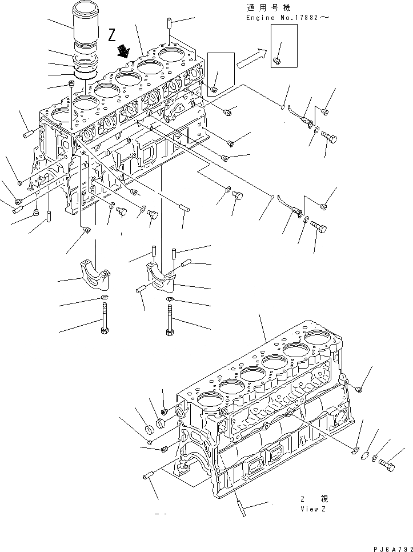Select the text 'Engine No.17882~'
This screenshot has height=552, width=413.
(287, 18)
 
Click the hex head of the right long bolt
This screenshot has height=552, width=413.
(169, 331)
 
